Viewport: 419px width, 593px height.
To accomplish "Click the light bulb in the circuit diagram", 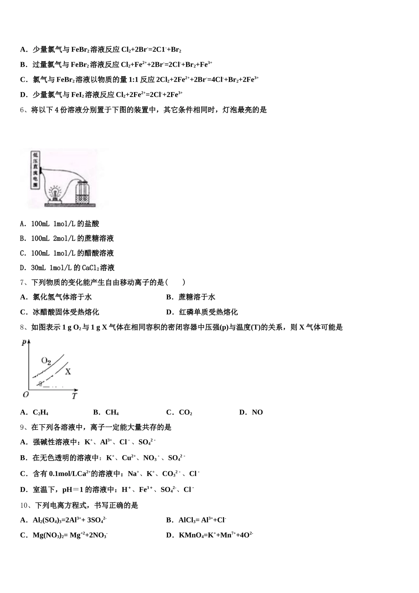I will (56, 193).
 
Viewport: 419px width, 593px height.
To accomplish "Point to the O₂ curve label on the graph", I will (46, 360).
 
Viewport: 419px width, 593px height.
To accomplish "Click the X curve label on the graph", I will (68, 372).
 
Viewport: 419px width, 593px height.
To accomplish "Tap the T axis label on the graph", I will (74, 396).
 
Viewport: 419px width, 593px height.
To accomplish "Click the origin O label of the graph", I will (26, 394).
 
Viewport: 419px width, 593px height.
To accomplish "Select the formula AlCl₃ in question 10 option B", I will (188, 520).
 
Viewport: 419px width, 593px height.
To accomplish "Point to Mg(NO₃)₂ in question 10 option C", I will (48, 535).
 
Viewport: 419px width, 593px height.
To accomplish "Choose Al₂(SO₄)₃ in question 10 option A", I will (48, 520).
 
